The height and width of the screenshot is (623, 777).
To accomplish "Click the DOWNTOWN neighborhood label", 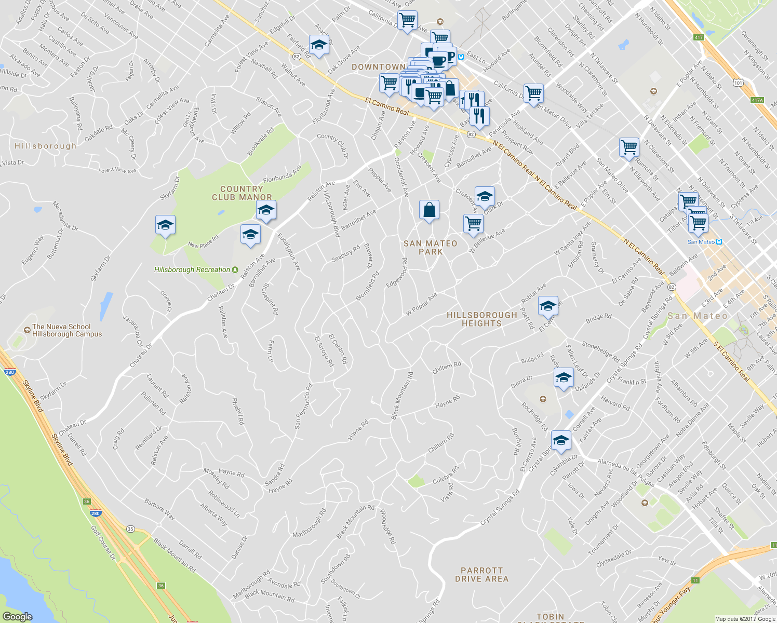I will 378,67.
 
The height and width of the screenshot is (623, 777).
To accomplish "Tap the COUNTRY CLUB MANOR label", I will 242,193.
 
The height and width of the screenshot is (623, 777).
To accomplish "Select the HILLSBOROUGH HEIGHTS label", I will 481,319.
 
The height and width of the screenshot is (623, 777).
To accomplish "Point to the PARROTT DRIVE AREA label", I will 481,574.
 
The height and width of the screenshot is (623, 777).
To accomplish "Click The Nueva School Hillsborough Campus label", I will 66,330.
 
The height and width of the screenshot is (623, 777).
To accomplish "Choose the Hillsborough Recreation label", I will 192,269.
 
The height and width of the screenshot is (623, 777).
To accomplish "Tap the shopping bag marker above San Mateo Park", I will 429,211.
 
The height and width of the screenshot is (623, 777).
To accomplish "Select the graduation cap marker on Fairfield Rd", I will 319,45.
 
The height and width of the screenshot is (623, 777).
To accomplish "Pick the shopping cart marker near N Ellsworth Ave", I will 629,147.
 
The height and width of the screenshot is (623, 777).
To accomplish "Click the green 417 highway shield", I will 699,37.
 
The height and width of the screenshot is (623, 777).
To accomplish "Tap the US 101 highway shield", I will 738,83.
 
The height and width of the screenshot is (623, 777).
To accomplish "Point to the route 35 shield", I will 130,529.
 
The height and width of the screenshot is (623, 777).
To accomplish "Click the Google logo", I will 17,616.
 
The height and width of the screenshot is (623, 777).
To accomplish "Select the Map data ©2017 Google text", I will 745,619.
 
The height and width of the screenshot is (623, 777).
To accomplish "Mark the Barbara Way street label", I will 159,510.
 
